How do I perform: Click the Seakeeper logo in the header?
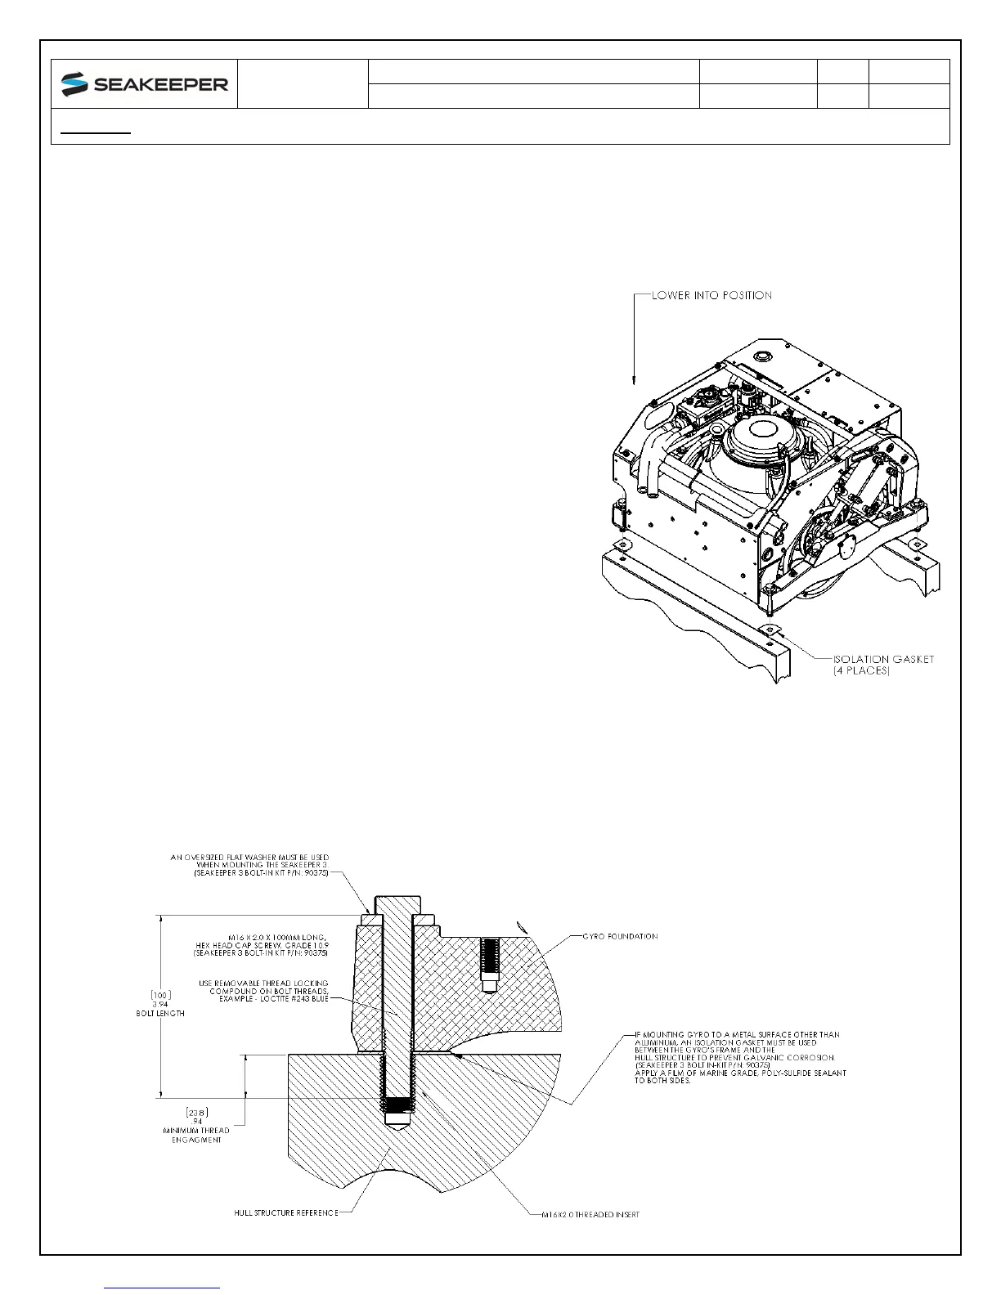pyautogui.click(x=145, y=83)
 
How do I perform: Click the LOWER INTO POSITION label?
pyautogui.click(x=711, y=295)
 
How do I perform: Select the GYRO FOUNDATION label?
pyautogui.click(x=619, y=936)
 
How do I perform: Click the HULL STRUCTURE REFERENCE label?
pyautogui.click(x=285, y=1212)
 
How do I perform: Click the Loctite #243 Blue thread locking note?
pyautogui.click(x=263, y=991)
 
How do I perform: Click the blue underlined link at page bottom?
pyautogui.click(x=163, y=1288)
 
